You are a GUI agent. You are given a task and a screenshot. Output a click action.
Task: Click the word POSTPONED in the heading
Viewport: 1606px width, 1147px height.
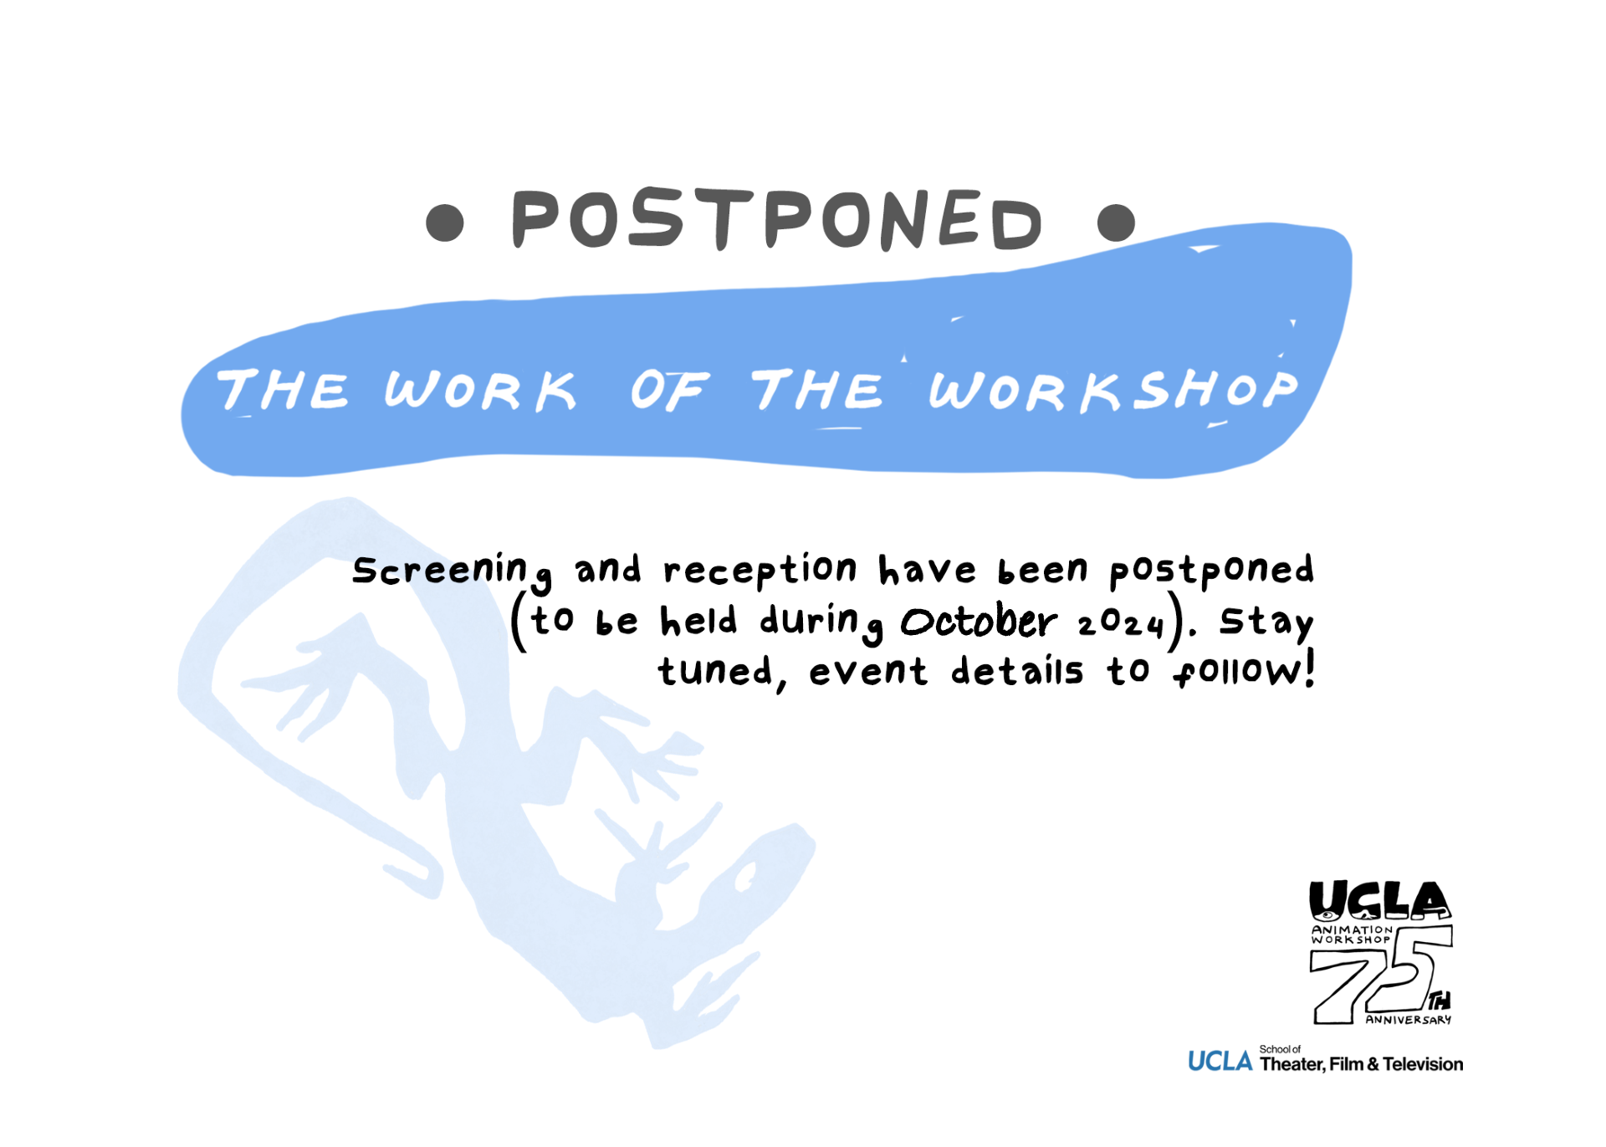click(777, 219)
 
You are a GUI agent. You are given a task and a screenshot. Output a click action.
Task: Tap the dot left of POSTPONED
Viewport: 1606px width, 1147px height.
click(445, 223)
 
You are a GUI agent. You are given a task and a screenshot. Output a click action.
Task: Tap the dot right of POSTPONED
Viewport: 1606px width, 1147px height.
click(1116, 223)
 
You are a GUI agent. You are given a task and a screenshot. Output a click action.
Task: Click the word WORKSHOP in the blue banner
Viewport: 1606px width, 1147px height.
click(1113, 390)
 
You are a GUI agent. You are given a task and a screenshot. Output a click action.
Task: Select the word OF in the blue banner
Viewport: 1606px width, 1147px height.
click(670, 390)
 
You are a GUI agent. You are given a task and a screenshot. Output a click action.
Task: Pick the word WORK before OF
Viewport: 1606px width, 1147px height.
click(480, 391)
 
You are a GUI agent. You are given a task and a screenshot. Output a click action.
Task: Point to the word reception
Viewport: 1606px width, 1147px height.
click(760, 570)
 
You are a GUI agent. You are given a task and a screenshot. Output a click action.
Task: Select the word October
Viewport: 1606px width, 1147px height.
click(979, 622)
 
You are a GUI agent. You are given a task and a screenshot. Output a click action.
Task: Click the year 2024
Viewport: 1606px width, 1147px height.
click(1121, 623)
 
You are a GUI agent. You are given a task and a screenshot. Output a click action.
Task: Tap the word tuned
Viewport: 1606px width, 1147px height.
click(715, 671)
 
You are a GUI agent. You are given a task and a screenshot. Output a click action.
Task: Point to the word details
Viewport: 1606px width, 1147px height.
click(1016, 670)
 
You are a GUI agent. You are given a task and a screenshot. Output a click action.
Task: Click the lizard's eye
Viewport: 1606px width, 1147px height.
click(744, 878)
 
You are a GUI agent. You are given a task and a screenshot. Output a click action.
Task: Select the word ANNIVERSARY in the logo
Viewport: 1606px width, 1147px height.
click(1409, 1020)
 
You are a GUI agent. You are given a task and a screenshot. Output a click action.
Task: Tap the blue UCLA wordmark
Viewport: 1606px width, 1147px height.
click(1220, 1062)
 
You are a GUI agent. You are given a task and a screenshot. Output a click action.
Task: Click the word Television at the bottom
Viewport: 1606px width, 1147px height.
click(1423, 1064)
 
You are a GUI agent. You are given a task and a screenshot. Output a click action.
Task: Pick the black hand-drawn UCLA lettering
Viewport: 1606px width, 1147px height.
click(1379, 901)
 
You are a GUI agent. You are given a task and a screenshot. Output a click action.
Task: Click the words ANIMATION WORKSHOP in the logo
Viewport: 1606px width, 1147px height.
click(1351, 934)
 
